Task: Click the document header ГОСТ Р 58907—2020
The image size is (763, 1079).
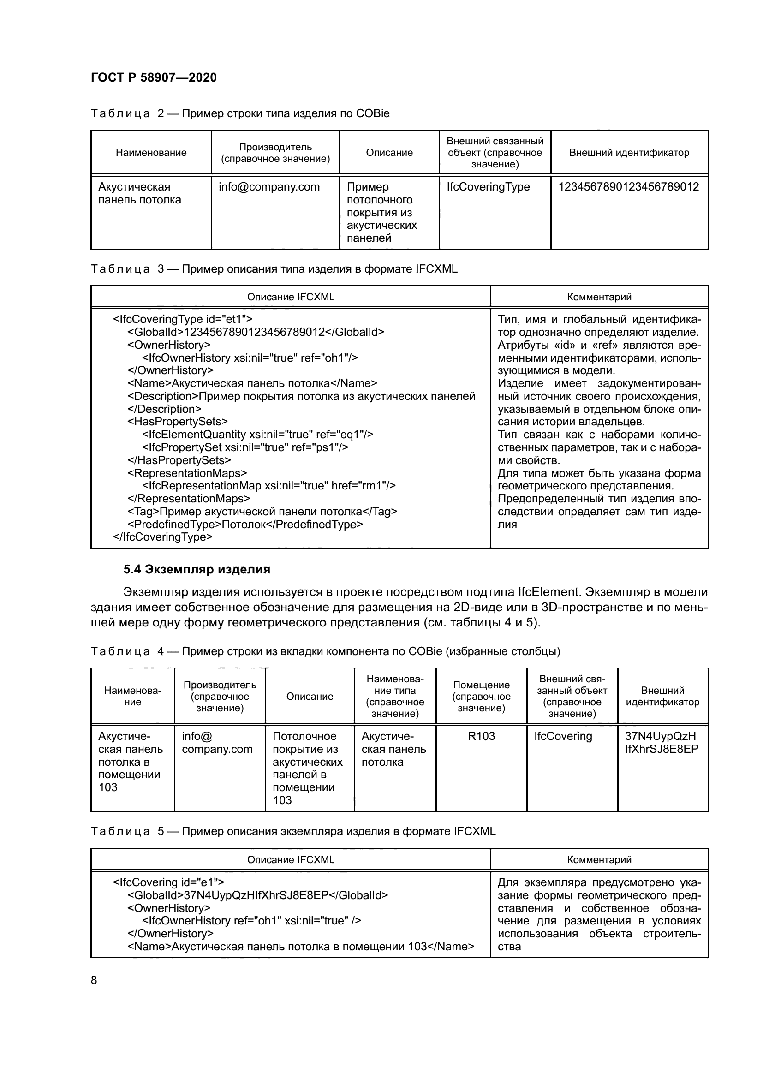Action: (154, 77)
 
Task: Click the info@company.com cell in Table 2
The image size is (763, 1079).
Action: (269, 186)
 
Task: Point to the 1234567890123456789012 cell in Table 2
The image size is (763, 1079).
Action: (628, 186)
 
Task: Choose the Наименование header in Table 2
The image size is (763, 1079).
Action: (151, 152)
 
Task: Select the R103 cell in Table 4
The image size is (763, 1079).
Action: (481, 736)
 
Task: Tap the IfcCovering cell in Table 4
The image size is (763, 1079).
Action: (563, 736)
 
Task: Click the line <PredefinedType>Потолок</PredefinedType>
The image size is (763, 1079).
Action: (245, 524)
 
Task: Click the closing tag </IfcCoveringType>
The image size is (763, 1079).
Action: (162, 537)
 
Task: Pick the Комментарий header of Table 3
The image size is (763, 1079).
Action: (599, 297)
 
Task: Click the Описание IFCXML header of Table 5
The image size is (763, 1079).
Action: (290, 859)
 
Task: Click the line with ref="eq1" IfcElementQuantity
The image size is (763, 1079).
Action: (257, 434)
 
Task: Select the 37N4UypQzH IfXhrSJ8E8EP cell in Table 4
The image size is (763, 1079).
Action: (661, 743)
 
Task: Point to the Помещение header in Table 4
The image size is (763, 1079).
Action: (481, 696)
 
